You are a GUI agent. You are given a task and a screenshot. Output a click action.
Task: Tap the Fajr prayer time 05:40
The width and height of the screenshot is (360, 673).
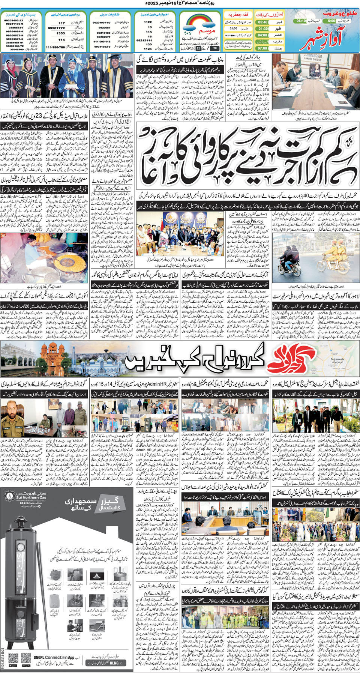click(263, 22)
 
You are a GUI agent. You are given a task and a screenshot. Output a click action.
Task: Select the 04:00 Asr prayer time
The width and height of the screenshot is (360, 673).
click(263, 35)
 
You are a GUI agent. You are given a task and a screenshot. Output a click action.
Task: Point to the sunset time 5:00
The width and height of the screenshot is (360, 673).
click(331, 21)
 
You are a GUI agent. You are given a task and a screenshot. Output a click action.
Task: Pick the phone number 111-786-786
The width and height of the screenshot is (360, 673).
click(55, 47)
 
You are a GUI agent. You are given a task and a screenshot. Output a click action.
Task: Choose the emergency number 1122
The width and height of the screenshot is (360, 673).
click(148, 22)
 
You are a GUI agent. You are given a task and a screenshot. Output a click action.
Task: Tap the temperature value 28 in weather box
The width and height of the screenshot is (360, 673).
click(215, 48)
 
